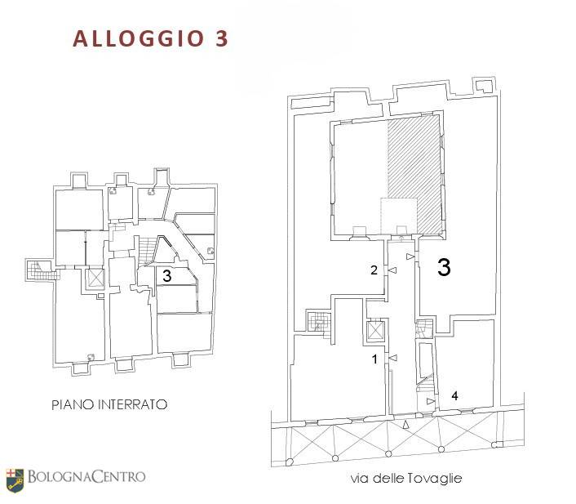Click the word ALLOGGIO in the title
[x=139, y=38]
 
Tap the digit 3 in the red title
[x=221, y=38]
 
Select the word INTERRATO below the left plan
[x=133, y=404]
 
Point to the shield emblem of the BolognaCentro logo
[x=15, y=480]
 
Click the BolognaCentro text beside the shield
[x=86, y=477]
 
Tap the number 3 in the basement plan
[x=166, y=275]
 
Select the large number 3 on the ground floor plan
[x=444, y=267]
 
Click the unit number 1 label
[x=374, y=359]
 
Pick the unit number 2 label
[x=374, y=270]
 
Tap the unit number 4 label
[x=454, y=396]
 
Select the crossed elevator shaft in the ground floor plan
[x=374, y=331]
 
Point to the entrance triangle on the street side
[x=405, y=425]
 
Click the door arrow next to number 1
[x=393, y=358]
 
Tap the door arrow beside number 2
[x=392, y=270]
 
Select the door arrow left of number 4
[x=431, y=401]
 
